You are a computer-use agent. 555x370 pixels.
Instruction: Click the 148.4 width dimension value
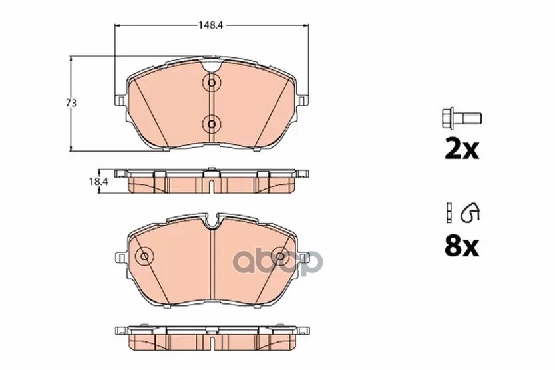click(x=210, y=25)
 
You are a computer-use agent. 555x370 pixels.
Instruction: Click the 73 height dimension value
click(x=71, y=103)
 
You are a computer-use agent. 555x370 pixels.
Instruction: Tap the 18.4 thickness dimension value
click(x=98, y=181)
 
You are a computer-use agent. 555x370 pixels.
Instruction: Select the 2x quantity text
click(x=462, y=150)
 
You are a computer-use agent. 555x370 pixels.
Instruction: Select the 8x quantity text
click(x=462, y=246)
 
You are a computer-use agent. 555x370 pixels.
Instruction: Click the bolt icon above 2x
click(x=462, y=118)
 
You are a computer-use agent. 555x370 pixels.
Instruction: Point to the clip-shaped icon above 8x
click(x=470, y=213)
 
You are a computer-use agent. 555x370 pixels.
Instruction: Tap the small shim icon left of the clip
click(x=449, y=212)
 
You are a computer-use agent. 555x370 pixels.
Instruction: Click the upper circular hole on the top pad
click(x=212, y=83)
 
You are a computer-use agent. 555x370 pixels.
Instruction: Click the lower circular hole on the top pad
click(x=212, y=124)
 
